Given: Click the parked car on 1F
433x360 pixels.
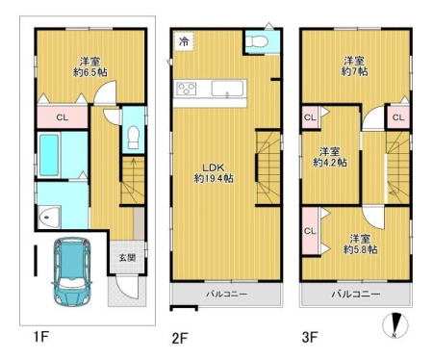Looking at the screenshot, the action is (x=72, y=271).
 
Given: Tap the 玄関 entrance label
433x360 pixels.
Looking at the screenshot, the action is (x=127, y=258).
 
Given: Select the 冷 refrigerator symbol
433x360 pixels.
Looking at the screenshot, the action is (x=184, y=41).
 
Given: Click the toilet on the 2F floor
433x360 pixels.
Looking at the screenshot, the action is (x=257, y=41).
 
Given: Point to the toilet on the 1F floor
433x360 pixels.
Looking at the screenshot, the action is (x=133, y=138).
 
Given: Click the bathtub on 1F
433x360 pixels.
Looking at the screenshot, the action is (x=49, y=155).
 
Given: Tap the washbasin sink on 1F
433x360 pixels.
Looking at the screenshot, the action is (x=49, y=218).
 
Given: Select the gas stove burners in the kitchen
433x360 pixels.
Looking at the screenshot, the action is (x=187, y=89).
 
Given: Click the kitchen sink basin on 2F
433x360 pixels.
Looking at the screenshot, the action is (x=227, y=89).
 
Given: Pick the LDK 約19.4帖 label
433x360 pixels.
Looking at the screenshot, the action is (x=214, y=173).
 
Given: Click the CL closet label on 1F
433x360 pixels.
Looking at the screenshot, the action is (x=63, y=117).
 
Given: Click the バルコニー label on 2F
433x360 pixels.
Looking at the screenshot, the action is (x=226, y=294).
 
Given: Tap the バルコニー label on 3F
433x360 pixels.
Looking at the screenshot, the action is (x=356, y=294).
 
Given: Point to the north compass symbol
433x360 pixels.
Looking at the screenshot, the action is (x=395, y=324).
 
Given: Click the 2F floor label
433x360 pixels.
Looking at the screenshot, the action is (x=180, y=339).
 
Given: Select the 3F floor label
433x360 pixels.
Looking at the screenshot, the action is (x=310, y=338).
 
